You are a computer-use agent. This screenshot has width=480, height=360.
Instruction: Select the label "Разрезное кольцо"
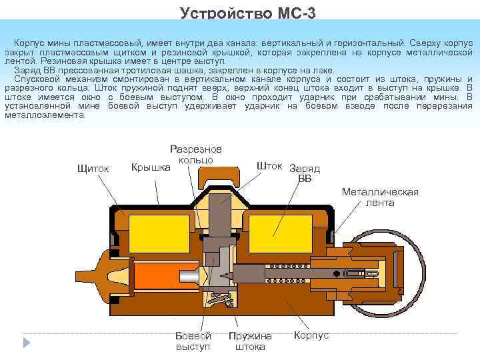click(x=196, y=155)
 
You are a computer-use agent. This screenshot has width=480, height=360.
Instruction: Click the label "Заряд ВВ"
click(x=305, y=173)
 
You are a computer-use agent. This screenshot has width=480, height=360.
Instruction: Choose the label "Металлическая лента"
click(x=380, y=197)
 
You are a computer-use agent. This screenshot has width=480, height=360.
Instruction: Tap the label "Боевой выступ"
click(x=193, y=341)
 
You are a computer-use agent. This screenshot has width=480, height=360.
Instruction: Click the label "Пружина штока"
click(x=250, y=341)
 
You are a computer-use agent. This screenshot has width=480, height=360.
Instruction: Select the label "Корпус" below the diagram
click(x=311, y=335)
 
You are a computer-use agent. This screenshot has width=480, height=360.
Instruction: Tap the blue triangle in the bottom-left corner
click(x=27, y=343)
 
